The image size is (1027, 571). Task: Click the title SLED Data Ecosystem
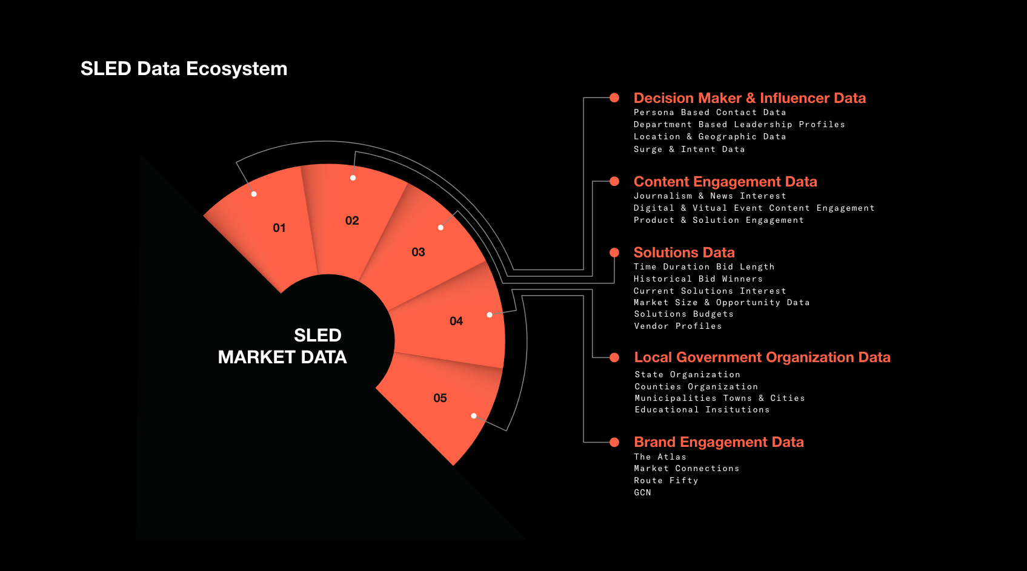(x=184, y=69)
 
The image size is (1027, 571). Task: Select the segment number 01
(x=279, y=228)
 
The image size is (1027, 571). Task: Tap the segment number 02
(x=352, y=220)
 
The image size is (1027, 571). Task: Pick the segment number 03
(x=418, y=252)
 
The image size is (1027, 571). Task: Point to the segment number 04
(x=456, y=322)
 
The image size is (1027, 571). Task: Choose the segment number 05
(x=440, y=398)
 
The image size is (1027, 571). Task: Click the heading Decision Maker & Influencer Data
(x=749, y=98)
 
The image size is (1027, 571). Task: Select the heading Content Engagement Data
(x=725, y=182)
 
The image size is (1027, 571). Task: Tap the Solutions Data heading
(x=684, y=252)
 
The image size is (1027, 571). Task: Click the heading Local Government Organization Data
(x=762, y=357)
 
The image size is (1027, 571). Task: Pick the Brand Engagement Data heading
(x=719, y=442)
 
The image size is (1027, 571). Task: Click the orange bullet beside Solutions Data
(x=614, y=252)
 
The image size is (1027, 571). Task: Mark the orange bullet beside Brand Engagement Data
(x=614, y=442)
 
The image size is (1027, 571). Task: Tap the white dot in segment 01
(x=254, y=194)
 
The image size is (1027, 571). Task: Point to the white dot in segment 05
(x=474, y=416)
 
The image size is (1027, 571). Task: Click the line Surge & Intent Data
(x=689, y=150)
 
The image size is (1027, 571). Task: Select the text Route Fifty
(x=666, y=481)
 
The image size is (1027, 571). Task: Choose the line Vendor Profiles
(x=677, y=326)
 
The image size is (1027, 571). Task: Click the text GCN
(x=642, y=493)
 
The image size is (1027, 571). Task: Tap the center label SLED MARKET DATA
(x=282, y=346)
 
